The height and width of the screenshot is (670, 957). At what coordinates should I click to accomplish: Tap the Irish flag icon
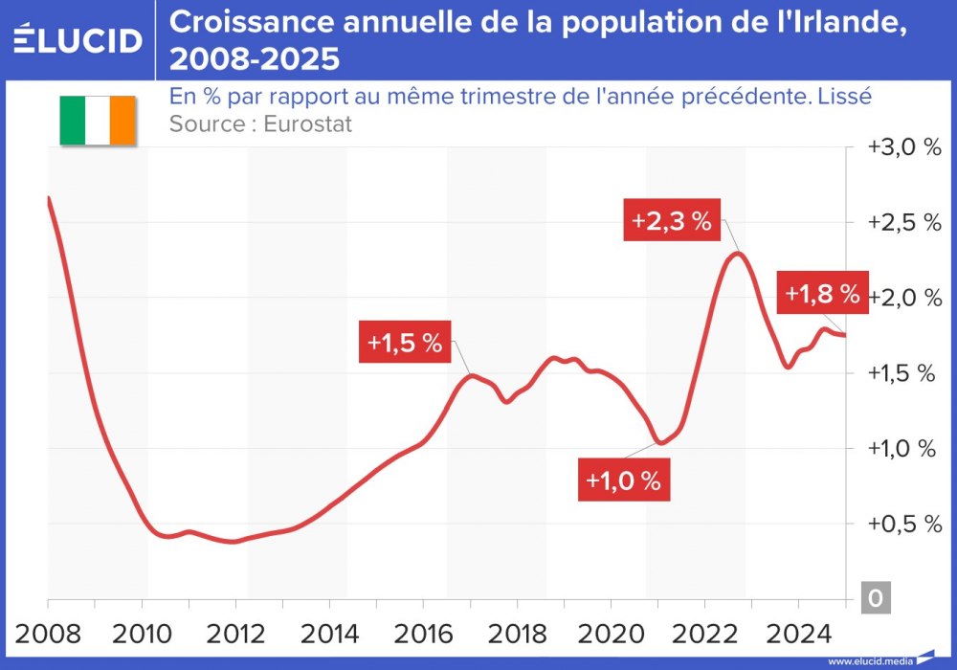tap(98, 121)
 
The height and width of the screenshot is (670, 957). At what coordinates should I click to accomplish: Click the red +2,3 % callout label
tap(671, 222)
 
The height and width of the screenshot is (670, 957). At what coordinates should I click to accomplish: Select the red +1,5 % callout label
tap(406, 343)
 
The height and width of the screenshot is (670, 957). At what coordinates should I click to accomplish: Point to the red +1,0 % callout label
tap(624, 480)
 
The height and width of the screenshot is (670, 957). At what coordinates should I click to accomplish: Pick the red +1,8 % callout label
tap(821, 294)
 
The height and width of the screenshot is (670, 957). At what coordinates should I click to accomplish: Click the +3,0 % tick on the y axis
tap(904, 147)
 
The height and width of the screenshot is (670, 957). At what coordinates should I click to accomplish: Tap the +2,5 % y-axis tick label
tap(904, 222)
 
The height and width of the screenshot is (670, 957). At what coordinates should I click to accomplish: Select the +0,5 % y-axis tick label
tap(904, 524)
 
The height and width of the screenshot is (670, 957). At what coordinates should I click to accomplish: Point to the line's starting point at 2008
tap(49, 198)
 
